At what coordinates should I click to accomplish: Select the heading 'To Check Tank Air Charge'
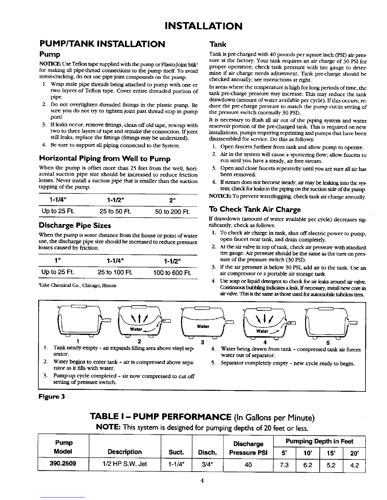click(255, 209)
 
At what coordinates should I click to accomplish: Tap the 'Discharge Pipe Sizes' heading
click(75, 225)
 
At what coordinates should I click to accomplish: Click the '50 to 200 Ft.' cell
click(172, 211)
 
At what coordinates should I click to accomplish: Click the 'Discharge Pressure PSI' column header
click(248, 448)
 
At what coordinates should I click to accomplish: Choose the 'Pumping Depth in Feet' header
click(320, 441)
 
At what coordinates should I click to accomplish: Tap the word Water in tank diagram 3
click(203, 326)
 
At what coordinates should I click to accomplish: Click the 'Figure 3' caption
click(52, 397)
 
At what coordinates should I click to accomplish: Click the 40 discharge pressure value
click(248, 465)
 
